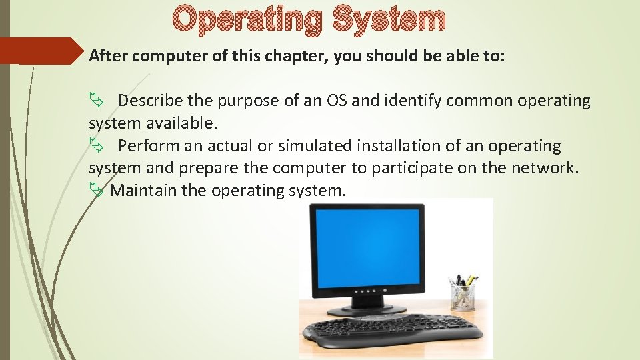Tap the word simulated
[315, 145]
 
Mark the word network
[545, 168]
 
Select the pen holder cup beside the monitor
[462, 296]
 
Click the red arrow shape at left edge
[40, 51]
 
